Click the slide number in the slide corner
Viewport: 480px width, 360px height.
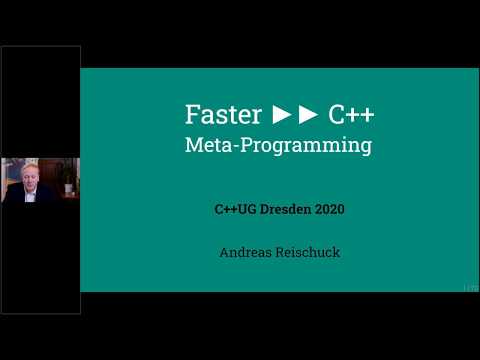tap(470, 287)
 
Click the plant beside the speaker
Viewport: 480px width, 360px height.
tap(67, 180)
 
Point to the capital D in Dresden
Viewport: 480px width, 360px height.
tap(269, 210)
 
